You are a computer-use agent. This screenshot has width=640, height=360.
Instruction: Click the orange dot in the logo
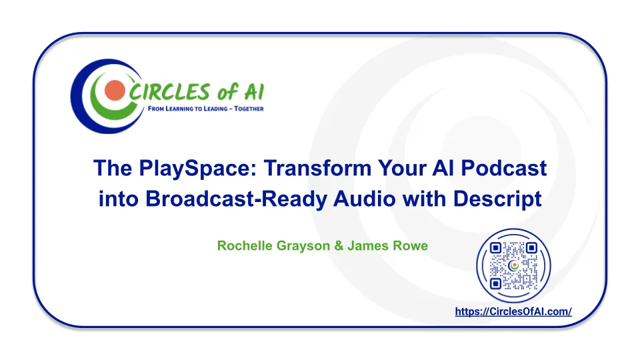point(115,90)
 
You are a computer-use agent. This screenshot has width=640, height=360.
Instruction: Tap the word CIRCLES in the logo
point(169,91)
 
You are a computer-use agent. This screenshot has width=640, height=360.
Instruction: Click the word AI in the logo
point(254,91)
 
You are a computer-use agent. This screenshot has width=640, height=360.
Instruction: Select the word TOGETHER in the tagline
point(249,109)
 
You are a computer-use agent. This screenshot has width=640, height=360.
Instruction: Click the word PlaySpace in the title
point(197,169)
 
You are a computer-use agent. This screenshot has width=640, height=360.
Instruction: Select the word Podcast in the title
point(504,168)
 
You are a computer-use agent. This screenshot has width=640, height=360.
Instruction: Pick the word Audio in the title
point(365,199)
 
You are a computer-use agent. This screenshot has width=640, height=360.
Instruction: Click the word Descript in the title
point(497,199)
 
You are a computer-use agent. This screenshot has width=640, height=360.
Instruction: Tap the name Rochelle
point(245,246)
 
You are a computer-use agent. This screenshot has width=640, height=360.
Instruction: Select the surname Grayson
point(303,246)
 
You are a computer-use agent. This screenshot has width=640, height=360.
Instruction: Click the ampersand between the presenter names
point(339,246)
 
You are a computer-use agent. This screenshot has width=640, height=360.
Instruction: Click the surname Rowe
point(410,246)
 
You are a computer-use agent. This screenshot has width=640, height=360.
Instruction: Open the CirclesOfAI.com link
point(513,311)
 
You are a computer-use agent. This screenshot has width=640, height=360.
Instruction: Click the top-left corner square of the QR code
point(495,248)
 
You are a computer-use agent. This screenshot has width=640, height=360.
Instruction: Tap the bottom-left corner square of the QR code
point(495,283)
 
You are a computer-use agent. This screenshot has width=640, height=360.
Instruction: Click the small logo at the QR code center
point(513,266)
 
